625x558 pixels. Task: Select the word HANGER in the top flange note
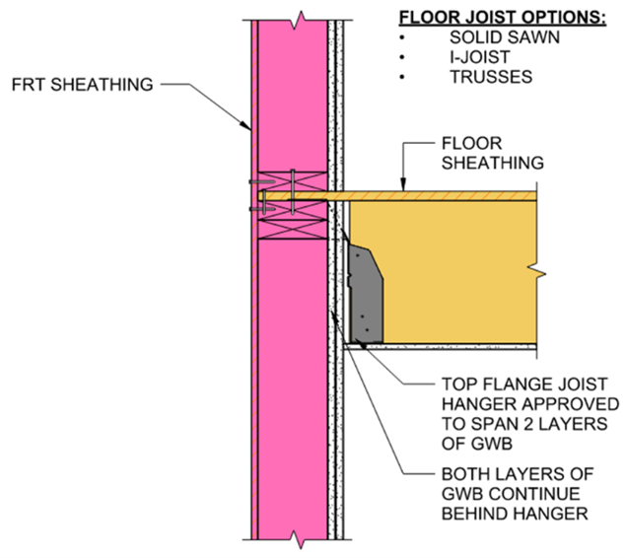tap(458, 404)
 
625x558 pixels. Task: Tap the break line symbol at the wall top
tap(295, 17)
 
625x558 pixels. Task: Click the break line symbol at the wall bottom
tap(295, 540)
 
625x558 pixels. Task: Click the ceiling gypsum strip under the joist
tap(444, 348)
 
